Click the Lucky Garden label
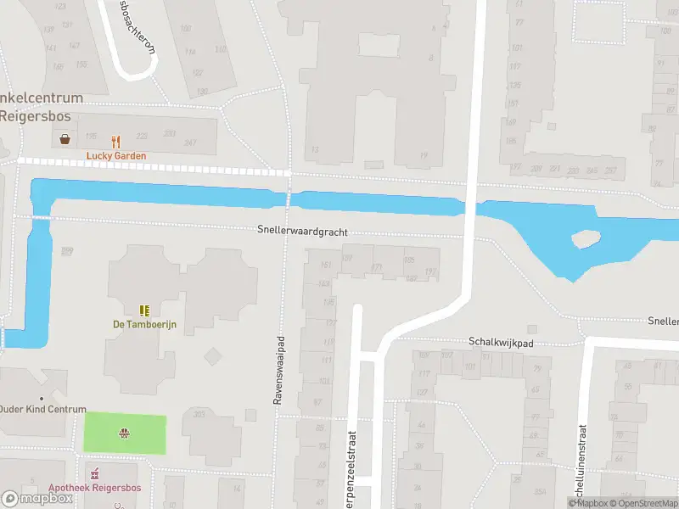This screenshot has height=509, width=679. pyautogui.click(x=115, y=156)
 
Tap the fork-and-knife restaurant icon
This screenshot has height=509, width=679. pyautogui.click(x=116, y=142)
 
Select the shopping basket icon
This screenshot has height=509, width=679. pyautogui.click(x=65, y=139)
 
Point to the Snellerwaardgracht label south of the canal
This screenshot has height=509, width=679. pyautogui.click(x=303, y=232)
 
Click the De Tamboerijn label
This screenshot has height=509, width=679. pyautogui.click(x=143, y=324)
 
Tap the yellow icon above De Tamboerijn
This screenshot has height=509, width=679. pyautogui.click(x=143, y=310)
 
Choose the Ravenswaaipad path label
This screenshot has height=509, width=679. pyautogui.click(x=278, y=372)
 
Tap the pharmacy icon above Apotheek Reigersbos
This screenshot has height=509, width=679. pyautogui.click(x=95, y=473)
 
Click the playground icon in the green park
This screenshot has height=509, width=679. pyautogui.click(x=125, y=433)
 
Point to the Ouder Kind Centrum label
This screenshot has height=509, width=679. pyautogui.click(x=42, y=409)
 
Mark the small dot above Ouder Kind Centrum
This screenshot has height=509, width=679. pyautogui.click(x=41, y=398)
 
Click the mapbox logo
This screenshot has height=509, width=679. pyautogui.click(x=36, y=499)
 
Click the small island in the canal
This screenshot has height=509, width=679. pyautogui.click(x=586, y=240)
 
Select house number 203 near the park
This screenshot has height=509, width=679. pyautogui.click(x=199, y=414)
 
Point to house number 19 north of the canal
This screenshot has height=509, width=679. pyautogui.click(x=423, y=154)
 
